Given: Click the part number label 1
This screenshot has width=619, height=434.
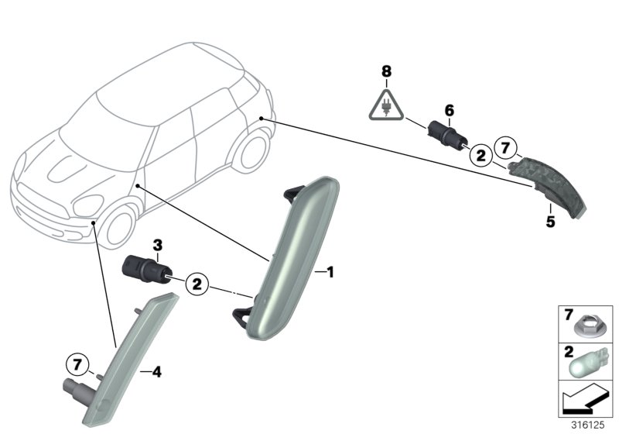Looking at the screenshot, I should pos(329,272).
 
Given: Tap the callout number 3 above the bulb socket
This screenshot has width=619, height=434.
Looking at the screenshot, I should pos(157,246).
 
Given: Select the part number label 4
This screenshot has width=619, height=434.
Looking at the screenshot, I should pos(156,372).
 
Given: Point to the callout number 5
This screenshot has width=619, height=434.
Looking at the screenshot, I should pos(550,222).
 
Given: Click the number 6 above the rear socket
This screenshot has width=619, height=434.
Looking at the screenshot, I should pos(447,110).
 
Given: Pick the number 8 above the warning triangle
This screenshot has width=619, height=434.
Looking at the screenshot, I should pos(386,71).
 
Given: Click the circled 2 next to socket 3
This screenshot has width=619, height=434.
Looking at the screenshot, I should pos(197,284).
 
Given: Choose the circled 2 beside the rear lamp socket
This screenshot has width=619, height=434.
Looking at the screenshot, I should pos(480,156).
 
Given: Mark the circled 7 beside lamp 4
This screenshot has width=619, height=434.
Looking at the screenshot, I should pos(77,363).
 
